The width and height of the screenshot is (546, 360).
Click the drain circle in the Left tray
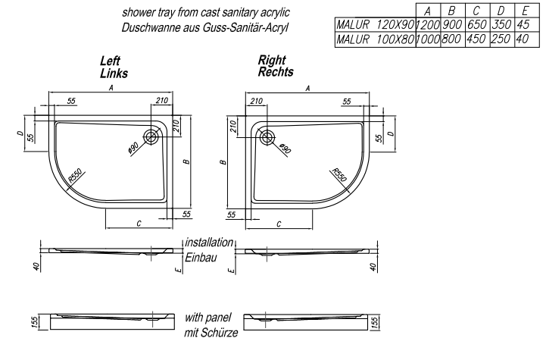pyautogui.click(x=153, y=136)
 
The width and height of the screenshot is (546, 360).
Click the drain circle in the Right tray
pyautogui.click(x=267, y=137)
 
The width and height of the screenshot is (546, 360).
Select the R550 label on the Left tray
pyautogui.click(x=76, y=175)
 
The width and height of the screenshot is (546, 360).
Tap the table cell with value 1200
pyautogui.click(x=429, y=25)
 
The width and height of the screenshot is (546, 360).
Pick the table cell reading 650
pyautogui.click(x=476, y=25)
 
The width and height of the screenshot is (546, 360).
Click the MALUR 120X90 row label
pyautogui.click(x=373, y=25)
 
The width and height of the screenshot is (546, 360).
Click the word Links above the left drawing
pyautogui.click(x=114, y=74)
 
